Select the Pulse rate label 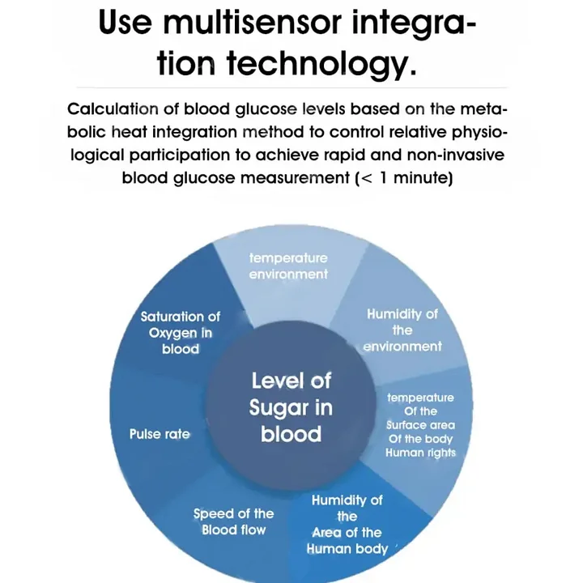tap(160, 435)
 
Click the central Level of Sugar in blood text tap(291, 407)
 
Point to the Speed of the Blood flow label tap(233, 522)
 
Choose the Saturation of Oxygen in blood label tap(180, 333)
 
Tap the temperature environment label tap(288, 266)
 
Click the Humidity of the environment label tap(402, 330)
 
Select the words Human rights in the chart tap(420, 453)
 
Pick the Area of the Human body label tap(347, 540)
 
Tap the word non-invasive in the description tap(456, 155)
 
